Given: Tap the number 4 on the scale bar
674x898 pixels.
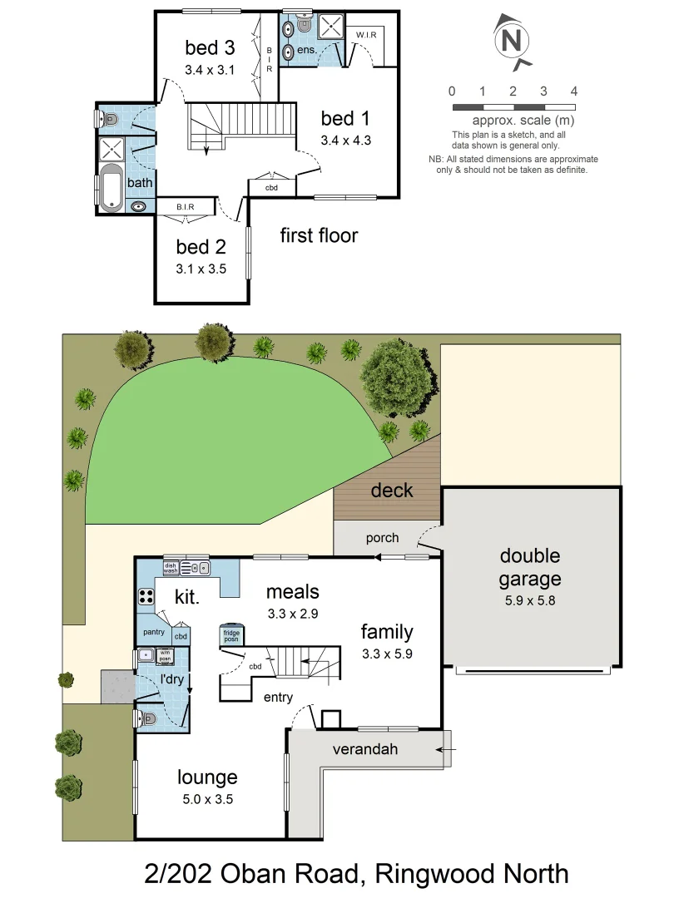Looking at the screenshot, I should coord(574,91).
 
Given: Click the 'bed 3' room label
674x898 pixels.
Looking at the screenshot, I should coord(210,47).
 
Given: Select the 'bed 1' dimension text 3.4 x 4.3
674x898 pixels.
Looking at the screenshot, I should coord(345,141).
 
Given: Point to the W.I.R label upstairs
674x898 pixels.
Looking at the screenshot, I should coord(368,35).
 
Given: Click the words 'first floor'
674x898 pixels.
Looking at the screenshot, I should coord(319,235).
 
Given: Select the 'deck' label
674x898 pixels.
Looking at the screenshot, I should coord(391,490).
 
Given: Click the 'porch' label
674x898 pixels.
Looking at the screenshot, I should coord(382,538).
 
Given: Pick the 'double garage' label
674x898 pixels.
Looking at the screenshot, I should coord(530,567).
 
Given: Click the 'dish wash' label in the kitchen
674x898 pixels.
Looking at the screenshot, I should coord(171,567).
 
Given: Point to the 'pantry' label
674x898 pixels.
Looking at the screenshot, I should coord(154,633).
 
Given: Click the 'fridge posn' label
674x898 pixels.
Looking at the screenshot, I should coord(231,636).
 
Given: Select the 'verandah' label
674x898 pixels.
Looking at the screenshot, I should coord(365,749).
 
